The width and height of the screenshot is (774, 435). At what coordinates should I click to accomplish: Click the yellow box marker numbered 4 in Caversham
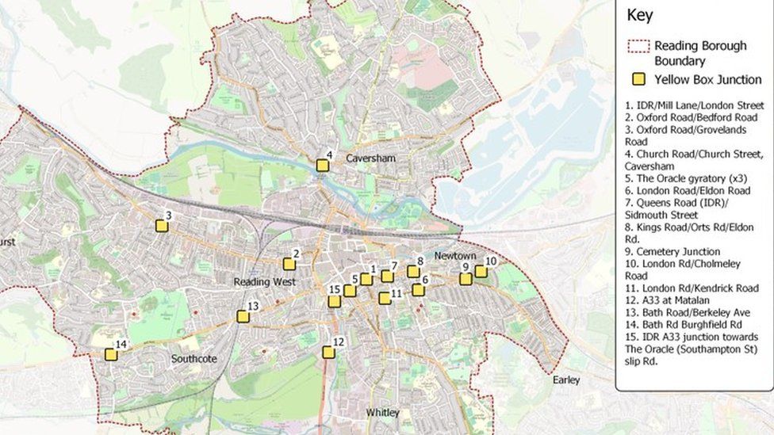click(x=322, y=166)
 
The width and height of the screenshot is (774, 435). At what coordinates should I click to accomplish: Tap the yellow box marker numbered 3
click(x=162, y=226)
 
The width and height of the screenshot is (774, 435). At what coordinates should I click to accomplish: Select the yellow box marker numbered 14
click(x=111, y=354)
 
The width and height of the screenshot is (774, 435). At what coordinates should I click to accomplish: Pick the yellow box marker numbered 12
click(x=328, y=352)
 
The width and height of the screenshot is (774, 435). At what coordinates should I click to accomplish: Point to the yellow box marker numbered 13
click(x=243, y=316)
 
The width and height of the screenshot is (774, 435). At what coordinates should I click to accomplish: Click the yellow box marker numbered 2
click(x=289, y=264)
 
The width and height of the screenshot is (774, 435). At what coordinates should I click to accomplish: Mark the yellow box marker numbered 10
click(x=481, y=272)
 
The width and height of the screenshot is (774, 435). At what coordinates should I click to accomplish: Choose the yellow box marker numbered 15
click(x=335, y=301)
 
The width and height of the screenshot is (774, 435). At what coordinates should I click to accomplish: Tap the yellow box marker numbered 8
click(x=413, y=272)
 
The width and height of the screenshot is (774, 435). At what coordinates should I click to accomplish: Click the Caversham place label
click(x=370, y=158)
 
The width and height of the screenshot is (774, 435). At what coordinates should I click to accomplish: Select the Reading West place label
click(x=264, y=282)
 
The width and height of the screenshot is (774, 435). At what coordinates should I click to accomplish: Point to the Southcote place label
click(x=193, y=359)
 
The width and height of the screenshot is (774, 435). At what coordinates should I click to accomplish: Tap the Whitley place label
click(x=382, y=413)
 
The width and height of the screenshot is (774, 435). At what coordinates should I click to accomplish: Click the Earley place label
click(x=566, y=380)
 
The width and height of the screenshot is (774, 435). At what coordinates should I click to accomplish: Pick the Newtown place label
click(x=455, y=256)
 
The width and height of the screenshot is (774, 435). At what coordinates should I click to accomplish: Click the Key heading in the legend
click(x=639, y=15)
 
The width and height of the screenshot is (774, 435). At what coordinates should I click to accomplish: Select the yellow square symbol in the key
click(x=638, y=79)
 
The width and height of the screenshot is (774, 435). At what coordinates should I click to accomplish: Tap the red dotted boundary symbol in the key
click(x=639, y=46)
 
